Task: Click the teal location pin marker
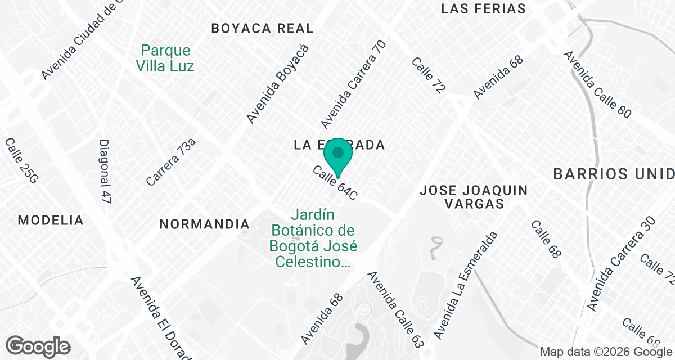pyautogui.click(x=338, y=155)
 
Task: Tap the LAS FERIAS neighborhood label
pyautogui.click(x=484, y=8)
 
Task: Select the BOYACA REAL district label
pyautogui.click(x=262, y=28)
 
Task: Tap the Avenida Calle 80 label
pyautogui.click(x=597, y=84)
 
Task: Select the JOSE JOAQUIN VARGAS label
pyautogui.click(x=474, y=197)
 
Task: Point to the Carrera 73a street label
pyautogui.click(x=171, y=162)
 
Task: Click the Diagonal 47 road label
pyautogui.click(x=105, y=172)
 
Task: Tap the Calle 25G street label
pyautogui.click(x=21, y=161)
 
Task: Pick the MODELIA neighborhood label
pyautogui.click(x=51, y=220)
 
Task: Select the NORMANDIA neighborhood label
pyautogui.click(x=204, y=224)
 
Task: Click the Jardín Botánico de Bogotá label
pyautogui.click(x=313, y=238)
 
